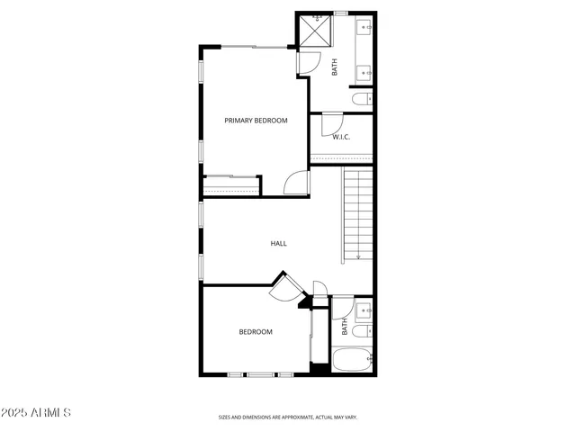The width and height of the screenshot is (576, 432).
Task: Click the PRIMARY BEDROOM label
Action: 256,120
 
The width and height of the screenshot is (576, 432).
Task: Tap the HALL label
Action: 279,243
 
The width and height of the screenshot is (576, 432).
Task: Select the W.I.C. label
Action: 341,137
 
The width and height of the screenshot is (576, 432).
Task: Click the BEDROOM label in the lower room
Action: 255,332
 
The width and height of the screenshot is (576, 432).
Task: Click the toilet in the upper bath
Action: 361,99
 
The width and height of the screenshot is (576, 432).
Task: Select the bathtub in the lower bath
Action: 353,362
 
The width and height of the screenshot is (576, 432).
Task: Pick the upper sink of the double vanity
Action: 366,29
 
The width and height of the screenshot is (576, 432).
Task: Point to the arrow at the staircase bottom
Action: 358,256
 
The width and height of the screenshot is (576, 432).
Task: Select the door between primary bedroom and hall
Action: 297,183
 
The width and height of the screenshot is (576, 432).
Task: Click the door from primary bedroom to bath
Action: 308,61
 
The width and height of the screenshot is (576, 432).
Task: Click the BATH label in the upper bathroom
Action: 335,67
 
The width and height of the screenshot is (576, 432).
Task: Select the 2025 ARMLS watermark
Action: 37,412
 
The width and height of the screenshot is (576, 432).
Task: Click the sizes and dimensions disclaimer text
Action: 288,418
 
